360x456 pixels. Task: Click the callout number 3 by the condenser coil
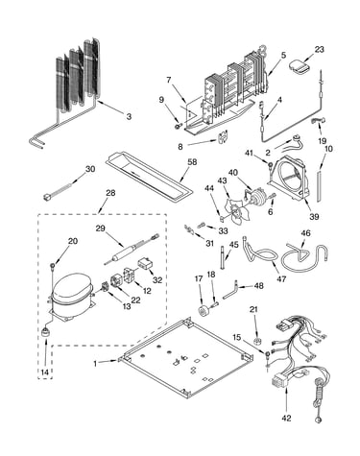[x=129, y=116]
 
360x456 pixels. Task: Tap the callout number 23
[x=319, y=50]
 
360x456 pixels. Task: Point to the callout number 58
[x=192, y=162]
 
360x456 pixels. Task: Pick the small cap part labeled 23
[x=299, y=67]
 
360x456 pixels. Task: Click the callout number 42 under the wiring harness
[x=287, y=418]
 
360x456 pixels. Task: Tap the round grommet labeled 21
[x=256, y=342]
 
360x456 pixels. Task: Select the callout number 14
[x=45, y=372]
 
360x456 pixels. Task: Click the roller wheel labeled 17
[x=204, y=311]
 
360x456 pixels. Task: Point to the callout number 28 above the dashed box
[x=110, y=193]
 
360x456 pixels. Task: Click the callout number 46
[x=305, y=233]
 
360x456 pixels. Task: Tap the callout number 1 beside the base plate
[x=95, y=364]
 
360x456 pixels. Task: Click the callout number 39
[x=314, y=217]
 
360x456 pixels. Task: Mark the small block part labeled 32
[x=145, y=264]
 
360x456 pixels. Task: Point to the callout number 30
[x=90, y=169]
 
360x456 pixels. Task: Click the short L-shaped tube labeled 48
[x=230, y=292]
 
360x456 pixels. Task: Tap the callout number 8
[x=180, y=147]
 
